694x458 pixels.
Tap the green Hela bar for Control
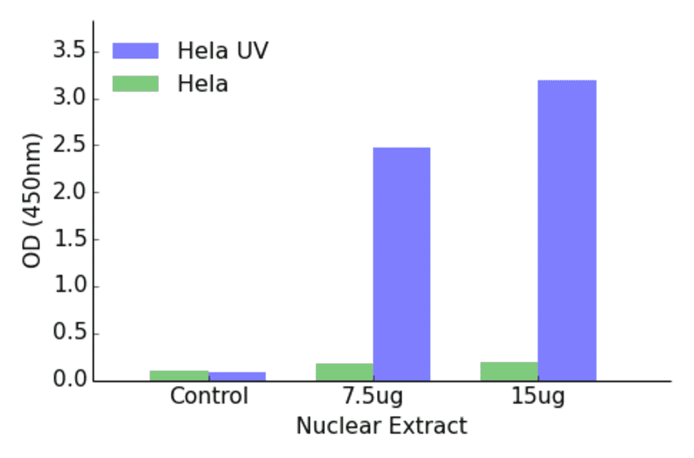coord(179,375)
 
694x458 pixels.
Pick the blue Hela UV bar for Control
coord(237,376)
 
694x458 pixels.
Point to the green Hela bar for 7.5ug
coord(344,372)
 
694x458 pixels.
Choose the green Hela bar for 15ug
coord(509,371)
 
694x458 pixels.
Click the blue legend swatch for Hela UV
coord(135,51)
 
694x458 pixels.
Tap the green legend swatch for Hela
coord(135,83)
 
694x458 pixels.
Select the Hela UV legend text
coord(222,51)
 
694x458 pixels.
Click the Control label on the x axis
coord(209,396)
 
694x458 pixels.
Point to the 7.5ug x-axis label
coord(373,396)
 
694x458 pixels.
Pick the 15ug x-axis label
coord(537,396)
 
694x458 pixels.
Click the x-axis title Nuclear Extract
coord(381,426)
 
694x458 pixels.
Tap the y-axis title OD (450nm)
coord(32,200)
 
